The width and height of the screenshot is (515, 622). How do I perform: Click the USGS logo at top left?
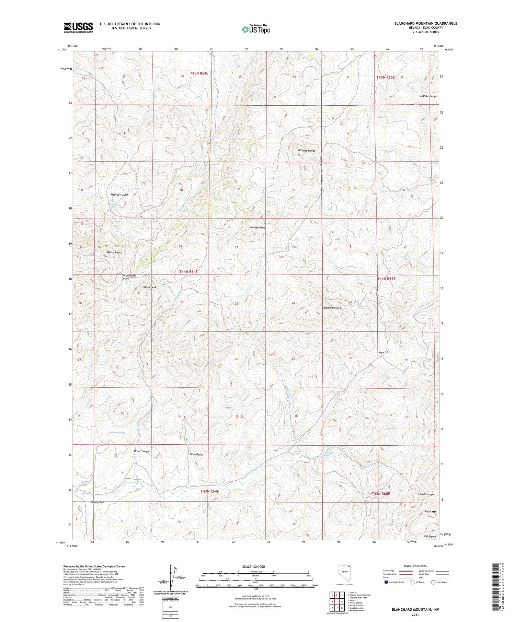pos(78,27)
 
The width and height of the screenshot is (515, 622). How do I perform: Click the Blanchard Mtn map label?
pos(332,308)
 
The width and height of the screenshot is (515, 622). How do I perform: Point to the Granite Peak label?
pos(257,227)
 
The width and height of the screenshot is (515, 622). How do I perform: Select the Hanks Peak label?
pos(149,287)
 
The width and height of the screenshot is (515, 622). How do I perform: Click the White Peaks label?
pos(114,252)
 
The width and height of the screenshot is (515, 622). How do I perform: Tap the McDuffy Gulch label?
pos(120,195)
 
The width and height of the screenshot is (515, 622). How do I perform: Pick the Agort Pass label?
pos(385,352)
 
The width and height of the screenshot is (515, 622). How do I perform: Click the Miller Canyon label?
pos(142,451)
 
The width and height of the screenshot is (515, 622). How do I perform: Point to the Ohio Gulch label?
pos(196,454)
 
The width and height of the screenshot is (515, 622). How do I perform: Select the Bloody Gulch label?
pos(98,502)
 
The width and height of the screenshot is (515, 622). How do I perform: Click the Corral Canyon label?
pos(426,494)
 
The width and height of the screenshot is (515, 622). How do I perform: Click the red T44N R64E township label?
pos(188,272)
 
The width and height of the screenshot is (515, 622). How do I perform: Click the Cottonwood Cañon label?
pos(129,277)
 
